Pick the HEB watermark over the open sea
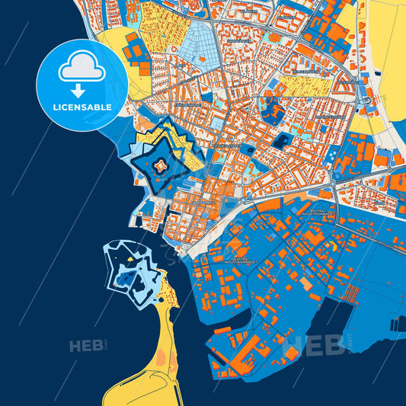pyautogui.click(x=87, y=347)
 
